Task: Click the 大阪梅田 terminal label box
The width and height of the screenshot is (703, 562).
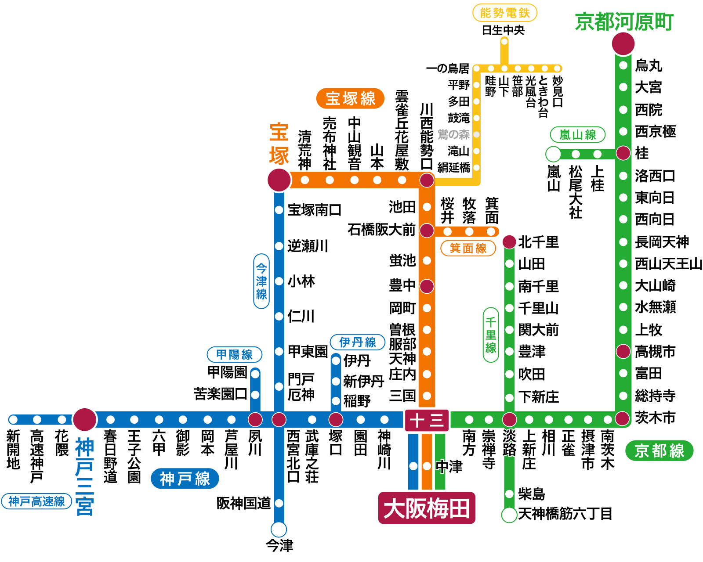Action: click(426, 508)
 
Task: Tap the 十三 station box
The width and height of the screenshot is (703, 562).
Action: click(427, 420)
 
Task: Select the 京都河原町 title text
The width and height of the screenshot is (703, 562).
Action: click(624, 22)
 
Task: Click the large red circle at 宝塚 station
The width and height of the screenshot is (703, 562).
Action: click(279, 180)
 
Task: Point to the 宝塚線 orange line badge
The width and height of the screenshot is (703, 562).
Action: click(350, 98)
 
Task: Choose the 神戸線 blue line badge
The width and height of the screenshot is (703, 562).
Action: click(185, 479)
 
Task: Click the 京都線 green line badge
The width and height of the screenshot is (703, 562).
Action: click(659, 450)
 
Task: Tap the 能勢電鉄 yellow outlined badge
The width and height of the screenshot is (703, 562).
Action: click(505, 13)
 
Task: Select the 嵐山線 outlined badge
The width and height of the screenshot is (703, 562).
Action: click(577, 135)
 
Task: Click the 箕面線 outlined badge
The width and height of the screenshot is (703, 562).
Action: click(468, 248)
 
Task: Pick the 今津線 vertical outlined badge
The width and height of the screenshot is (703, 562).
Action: click(261, 281)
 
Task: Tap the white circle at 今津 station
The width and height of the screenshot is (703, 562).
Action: click(279, 530)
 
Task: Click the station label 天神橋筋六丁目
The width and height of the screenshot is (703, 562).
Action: click(565, 513)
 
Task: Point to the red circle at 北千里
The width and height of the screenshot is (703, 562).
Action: click(509, 241)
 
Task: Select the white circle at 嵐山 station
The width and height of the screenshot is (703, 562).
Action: click(553, 154)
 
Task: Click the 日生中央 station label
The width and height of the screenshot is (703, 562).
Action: click(503, 30)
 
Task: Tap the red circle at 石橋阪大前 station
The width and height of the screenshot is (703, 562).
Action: click(427, 230)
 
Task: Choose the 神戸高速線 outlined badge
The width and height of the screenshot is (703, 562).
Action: click(36, 501)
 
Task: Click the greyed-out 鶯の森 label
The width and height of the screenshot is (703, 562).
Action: click(453, 134)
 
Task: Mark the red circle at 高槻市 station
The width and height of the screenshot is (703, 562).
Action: click(623, 351)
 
